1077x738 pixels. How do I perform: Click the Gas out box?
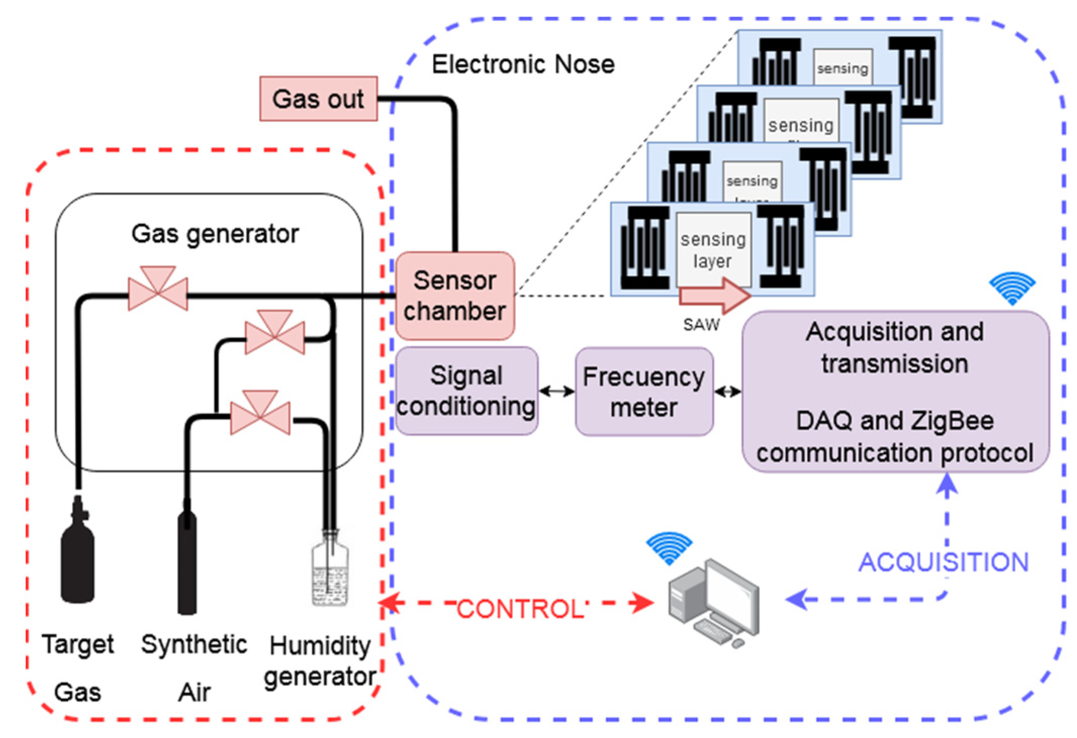[318, 99]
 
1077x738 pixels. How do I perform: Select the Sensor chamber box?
[454, 296]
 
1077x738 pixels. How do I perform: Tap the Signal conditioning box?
[466, 391]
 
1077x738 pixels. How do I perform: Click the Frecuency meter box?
[643, 391]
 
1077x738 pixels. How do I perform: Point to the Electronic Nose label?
[523, 64]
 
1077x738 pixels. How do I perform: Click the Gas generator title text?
[215, 234]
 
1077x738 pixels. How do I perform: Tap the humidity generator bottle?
[330, 571]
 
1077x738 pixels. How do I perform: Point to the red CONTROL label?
[521, 609]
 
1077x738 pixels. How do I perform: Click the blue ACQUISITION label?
[943, 562]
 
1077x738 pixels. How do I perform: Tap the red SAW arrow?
[715, 296]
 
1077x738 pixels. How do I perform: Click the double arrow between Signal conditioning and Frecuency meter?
[556, 391]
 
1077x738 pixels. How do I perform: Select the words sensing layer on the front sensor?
[713, 250]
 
